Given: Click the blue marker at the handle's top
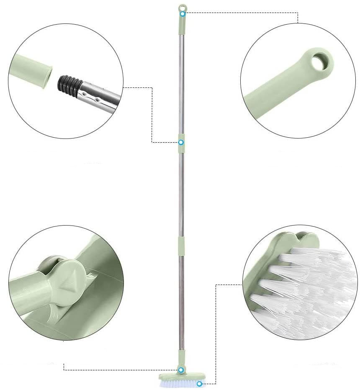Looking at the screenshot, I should pyautogui.click(x=183, y=14).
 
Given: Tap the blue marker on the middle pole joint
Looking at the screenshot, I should pyautogui.click(x=181, y=142).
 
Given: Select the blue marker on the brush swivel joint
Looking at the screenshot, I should pyautogui.click(x=181, y=370).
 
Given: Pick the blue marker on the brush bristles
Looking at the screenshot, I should pyautogui.click(x=200, y=383).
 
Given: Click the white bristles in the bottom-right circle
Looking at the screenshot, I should pyautogui.click(x=310, y=289).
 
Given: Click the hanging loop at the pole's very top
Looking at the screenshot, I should pyautogui.click(x=182, y=8).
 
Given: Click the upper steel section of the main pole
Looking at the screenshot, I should pyautogui.click(x=181, y=84).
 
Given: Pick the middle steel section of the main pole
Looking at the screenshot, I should pyautogui.click(x=181, y=192).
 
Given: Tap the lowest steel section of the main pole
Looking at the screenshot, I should pyautogui.click(x=182, y=301).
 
